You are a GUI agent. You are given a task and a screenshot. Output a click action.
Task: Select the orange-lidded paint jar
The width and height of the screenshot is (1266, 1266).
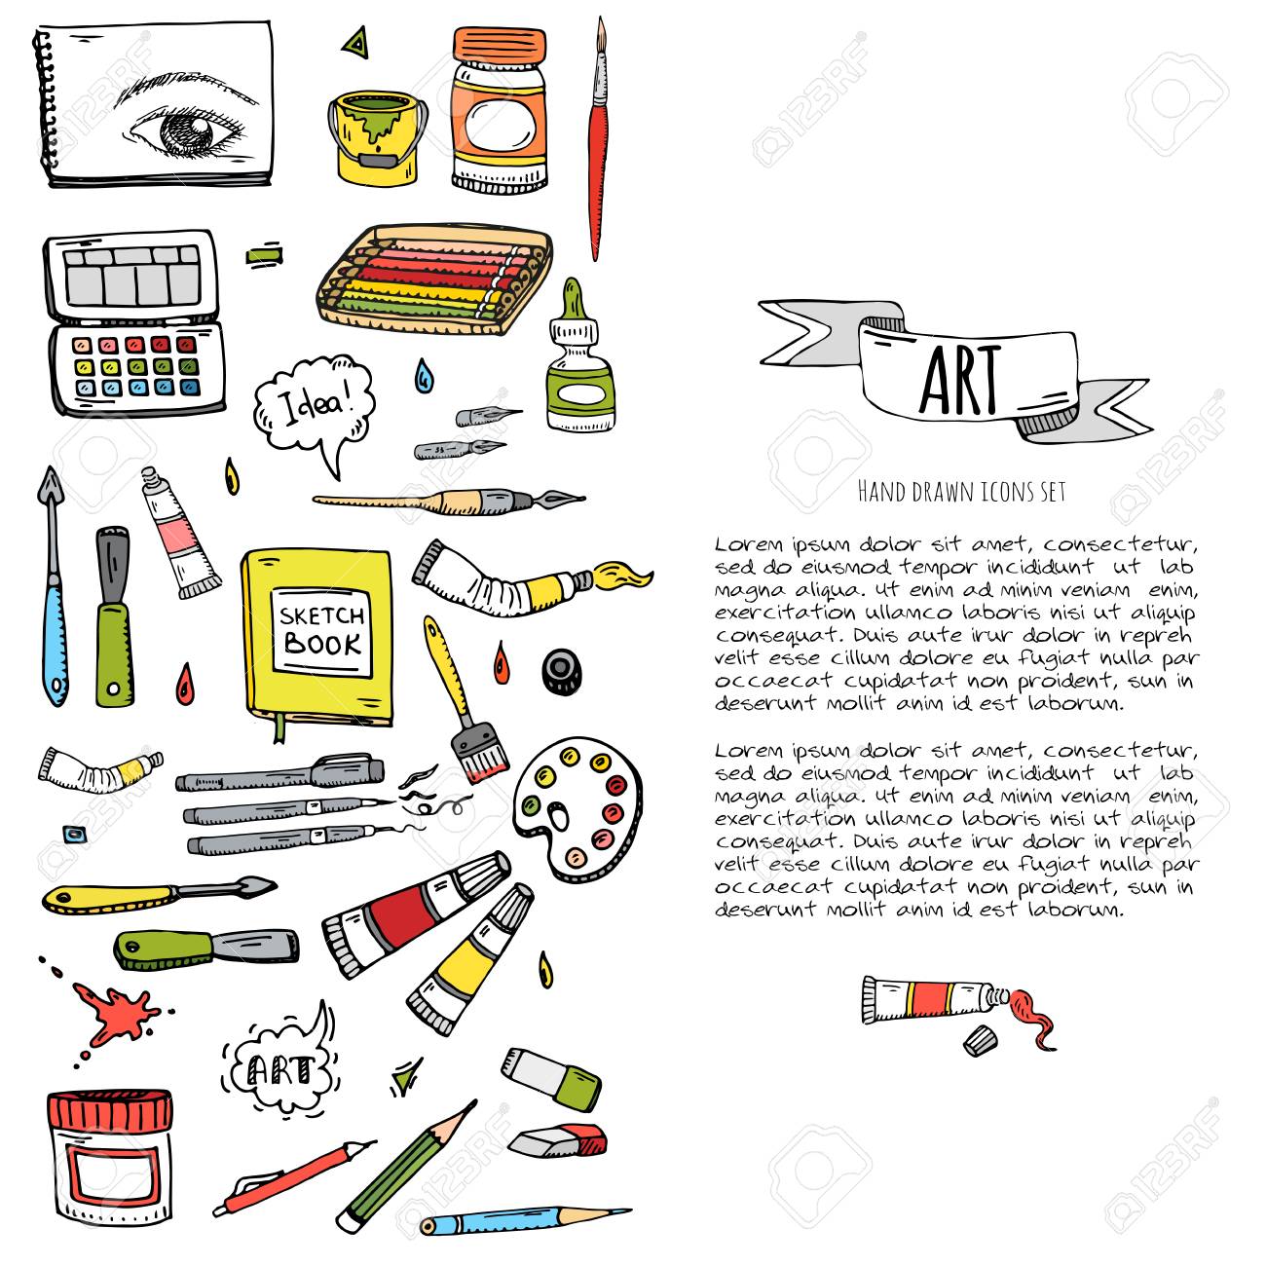click(x=500, y=110)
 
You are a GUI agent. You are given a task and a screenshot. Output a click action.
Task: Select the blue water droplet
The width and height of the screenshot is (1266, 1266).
click(x=424, y=376)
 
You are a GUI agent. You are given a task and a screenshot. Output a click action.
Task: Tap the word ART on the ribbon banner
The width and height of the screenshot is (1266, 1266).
click(x=960, y=381)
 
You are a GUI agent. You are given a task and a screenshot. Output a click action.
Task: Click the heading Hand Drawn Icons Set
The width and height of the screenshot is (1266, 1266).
click(x=961, y=492)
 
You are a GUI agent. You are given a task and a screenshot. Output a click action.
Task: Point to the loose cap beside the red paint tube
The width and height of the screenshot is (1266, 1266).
click(x=981, y=1040)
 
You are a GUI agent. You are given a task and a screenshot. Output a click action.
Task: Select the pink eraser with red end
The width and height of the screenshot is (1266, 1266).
click(x=558, y=1141)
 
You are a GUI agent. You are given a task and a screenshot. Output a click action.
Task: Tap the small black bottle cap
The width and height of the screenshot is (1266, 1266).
click(x=562, y=671)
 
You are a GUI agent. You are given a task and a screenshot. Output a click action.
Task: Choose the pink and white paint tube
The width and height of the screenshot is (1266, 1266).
click(x=179, y=532)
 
